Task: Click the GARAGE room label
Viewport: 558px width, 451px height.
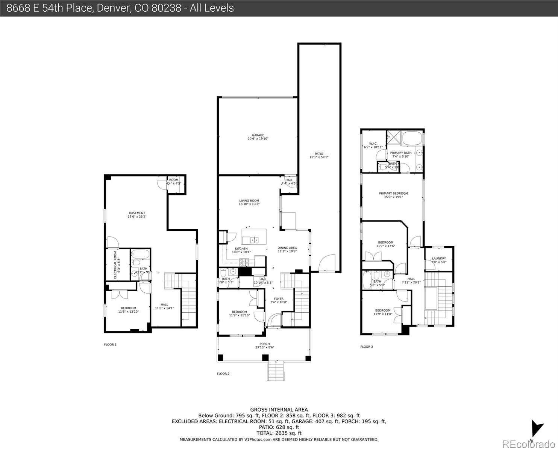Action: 258,135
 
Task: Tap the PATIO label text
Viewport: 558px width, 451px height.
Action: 319,154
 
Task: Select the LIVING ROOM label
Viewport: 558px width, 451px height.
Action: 249,201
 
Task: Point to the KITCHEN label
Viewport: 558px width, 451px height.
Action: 241,249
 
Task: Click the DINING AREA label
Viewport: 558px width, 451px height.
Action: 287,248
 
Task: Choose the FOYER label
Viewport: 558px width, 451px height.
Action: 279,299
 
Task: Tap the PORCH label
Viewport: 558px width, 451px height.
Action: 265,344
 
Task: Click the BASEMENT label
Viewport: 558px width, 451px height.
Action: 137,213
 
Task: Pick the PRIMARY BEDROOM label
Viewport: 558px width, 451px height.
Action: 393,194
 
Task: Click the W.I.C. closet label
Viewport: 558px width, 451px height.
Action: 373,144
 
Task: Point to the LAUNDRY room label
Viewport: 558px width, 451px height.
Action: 439,259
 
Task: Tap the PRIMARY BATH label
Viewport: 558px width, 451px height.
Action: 400,153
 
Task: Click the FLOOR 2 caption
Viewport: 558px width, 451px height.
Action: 223,374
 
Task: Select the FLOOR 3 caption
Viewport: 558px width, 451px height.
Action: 367,347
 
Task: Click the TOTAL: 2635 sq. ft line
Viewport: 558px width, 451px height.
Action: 279,433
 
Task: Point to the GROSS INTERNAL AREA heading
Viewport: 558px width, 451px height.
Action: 279,410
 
